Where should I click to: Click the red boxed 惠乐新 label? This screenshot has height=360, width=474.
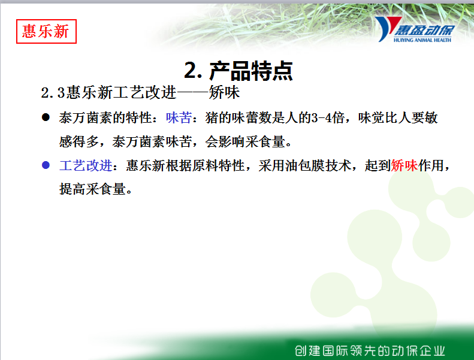click(46, 31)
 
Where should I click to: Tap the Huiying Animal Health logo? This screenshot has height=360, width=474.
click(415, 29)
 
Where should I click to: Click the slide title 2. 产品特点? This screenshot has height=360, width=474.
click(238, 71)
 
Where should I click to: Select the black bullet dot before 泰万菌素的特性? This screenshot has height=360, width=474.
click(46, 117)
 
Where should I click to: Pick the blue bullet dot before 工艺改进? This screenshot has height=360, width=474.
click(46, 165)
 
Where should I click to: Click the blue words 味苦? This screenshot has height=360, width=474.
click(179, 117)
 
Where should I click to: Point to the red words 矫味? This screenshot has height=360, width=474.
click(404, 165)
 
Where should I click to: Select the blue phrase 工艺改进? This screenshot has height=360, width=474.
click(86, 165)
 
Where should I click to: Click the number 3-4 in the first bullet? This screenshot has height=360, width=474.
click(322, 117)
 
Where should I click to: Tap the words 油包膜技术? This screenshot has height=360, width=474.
click(318, 165)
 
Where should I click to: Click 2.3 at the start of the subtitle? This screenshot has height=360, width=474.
click(53, 92)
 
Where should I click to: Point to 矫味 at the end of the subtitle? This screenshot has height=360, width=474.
click(224, 92)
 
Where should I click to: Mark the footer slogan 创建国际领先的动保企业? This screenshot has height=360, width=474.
click(370, 350)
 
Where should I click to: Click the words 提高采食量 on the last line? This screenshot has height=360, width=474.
click(92, 189)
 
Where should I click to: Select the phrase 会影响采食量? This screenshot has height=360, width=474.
click(245, 141)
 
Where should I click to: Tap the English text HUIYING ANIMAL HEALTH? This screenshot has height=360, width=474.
click(422, 40)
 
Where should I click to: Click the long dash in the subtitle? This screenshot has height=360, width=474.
click(192, 92)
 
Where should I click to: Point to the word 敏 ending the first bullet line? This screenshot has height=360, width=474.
click(431, 117)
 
